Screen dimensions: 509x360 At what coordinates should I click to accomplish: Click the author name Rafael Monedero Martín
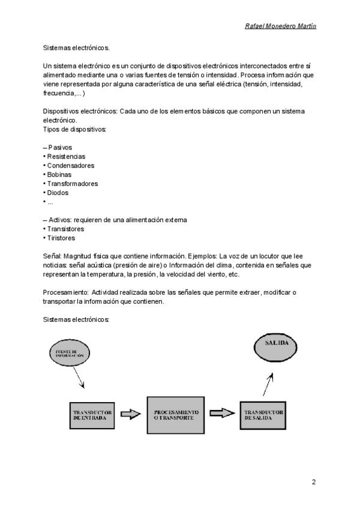281,26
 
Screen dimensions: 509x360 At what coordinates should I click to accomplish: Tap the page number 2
313,482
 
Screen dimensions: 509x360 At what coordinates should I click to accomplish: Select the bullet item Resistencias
66,156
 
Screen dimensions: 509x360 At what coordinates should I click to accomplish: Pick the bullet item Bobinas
60,175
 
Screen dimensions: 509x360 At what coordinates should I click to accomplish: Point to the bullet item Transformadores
72,184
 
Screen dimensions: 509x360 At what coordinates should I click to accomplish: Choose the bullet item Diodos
58,193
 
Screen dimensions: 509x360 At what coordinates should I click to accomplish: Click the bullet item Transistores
65,229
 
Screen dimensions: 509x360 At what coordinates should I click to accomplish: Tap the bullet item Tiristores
61,238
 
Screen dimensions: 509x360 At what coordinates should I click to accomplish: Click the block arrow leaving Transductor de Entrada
130,414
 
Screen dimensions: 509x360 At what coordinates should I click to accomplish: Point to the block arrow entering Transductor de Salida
221,413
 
